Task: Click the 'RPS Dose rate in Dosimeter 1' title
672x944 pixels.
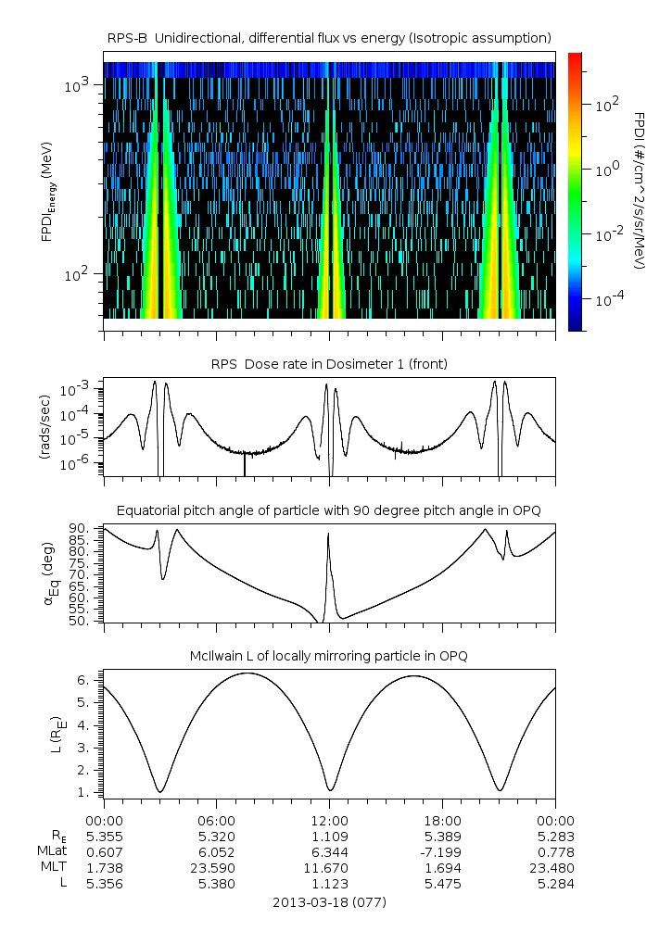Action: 330,364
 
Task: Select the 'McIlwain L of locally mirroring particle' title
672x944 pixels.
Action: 330,656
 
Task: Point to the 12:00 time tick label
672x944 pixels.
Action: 330,821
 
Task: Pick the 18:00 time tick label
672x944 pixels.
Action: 443,821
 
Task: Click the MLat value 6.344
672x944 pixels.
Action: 330,852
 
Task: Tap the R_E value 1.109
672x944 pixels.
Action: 330,837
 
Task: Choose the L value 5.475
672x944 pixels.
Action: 443,884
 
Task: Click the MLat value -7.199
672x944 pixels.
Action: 441,852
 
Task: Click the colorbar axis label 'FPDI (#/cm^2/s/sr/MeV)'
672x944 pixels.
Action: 640,190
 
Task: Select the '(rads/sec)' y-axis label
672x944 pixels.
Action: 45,428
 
